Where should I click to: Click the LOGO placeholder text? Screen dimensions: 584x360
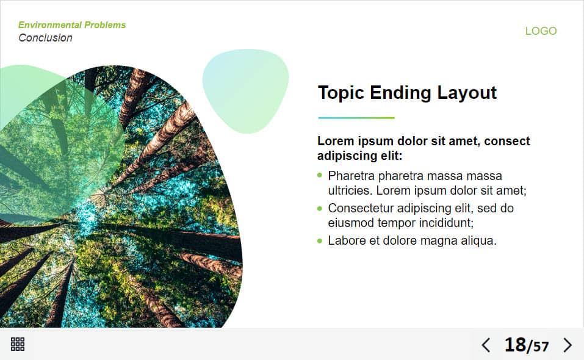(541, 31)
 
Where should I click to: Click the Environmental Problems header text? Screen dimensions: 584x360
(72, 25)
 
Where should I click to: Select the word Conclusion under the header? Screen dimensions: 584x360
(45, 38)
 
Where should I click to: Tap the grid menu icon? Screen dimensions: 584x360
(18, 344)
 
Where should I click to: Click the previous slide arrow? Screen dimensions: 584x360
(486, 345)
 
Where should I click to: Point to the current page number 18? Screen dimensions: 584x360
(515, 345)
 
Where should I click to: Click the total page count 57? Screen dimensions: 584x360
(541, 347)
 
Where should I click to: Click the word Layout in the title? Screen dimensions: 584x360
(467, 93)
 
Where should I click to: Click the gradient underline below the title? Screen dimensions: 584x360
(356, 118)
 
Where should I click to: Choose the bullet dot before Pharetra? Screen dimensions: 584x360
(320, 175)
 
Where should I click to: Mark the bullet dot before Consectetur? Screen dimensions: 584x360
(320, 209)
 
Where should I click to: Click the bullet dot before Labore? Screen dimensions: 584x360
(320, 241)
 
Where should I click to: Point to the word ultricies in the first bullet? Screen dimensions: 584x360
(350, 190)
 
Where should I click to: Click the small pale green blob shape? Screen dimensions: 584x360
(245, 91)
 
